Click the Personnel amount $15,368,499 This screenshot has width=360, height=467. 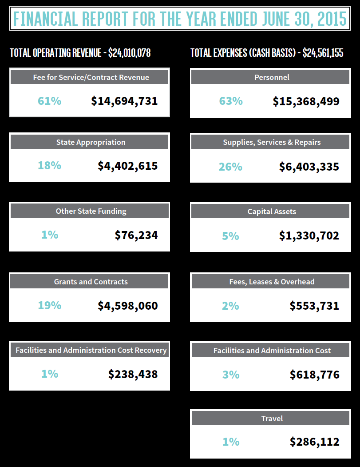pos(306,101)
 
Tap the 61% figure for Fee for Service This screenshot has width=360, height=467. pos(49,101)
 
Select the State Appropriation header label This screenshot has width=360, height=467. pos(91,142)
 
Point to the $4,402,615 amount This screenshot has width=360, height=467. pos(128,166)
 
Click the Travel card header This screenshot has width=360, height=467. pos(272,419)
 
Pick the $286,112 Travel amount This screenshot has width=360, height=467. pos(314,442)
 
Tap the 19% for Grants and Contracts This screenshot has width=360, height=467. pos(49,305)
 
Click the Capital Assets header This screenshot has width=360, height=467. pos(272,212)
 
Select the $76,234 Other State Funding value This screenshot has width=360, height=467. pos(136,235)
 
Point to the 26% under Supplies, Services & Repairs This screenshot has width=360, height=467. pos(230,167)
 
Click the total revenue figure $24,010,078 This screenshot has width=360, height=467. pos(130,53)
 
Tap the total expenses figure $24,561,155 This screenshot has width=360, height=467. pos(323,53)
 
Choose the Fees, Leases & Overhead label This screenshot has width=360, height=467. pos(272,282)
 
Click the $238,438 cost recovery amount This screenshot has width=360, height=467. pos(133,374)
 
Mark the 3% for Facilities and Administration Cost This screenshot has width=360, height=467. pos(231,375)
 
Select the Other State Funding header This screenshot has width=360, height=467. pos(91,211)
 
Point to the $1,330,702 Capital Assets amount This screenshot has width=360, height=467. pos(309,235)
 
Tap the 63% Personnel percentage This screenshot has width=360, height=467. pos(231,101)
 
